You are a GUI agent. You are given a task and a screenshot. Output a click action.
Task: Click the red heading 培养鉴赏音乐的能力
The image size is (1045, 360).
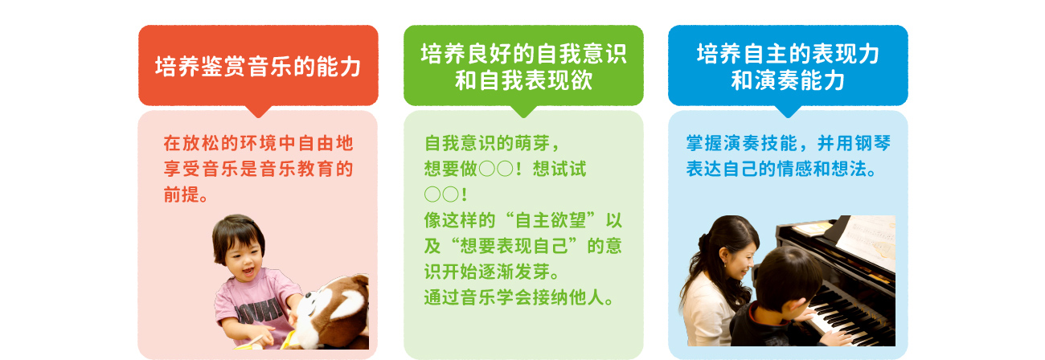point(258,67)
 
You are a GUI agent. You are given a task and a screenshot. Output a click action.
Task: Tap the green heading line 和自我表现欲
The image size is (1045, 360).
point(523,80)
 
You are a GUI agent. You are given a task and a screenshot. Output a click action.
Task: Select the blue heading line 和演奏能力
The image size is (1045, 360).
point(788,80)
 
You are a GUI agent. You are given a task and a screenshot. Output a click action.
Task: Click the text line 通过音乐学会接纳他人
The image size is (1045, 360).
point(518,297)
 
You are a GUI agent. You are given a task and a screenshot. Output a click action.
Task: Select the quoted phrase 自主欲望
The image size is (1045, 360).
point(551,220)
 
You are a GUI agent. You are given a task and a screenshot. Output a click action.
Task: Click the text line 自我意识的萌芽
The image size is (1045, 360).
point(487,143)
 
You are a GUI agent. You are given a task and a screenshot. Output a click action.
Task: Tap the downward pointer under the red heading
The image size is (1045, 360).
point(258,111)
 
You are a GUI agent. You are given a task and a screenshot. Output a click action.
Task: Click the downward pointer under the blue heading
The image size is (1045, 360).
point(788,111)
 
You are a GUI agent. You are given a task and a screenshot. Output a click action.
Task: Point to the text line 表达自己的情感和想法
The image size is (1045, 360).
point(781,169)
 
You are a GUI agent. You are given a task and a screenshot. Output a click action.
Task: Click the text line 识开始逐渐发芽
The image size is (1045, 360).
point(492,272)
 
